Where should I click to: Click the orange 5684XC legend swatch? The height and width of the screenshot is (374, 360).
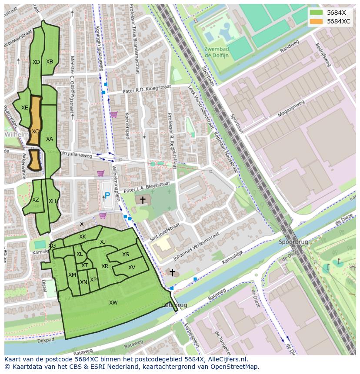pyautogui.click(x=317, y=21)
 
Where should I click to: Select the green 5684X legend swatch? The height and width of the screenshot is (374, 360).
pyautogui.click(x=317, y=13)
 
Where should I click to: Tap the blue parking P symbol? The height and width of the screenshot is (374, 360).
pyautogui.click(x=107, y=196)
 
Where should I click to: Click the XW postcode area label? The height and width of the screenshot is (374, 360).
pyautogui.click(x=113, y=303)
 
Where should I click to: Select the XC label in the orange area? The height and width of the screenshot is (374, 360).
pyautogui.click(x=35, y=131)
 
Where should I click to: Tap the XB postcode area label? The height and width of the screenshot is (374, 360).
pyautogui.click(x=50, y=62)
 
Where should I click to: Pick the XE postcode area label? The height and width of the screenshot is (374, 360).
pyautogui.click(x=25, y=108)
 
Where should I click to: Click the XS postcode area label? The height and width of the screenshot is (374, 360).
pyautogui.click(x=125, y=255)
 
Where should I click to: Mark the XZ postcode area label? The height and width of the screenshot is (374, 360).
pyautogui.click(x=36, y=200)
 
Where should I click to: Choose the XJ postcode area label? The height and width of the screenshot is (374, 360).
pyautogui.click(x=103, y=242)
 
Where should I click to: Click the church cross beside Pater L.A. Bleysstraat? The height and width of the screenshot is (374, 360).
pyautogui.click(x=142, y=200)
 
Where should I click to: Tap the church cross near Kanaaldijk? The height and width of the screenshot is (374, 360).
pyautogui.click(x=172, y=273)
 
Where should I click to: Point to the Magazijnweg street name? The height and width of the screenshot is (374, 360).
pyautogui.click(x=291, y=109)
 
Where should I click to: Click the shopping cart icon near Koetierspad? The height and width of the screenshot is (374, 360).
pyautogui.click(x=113, y=115)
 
